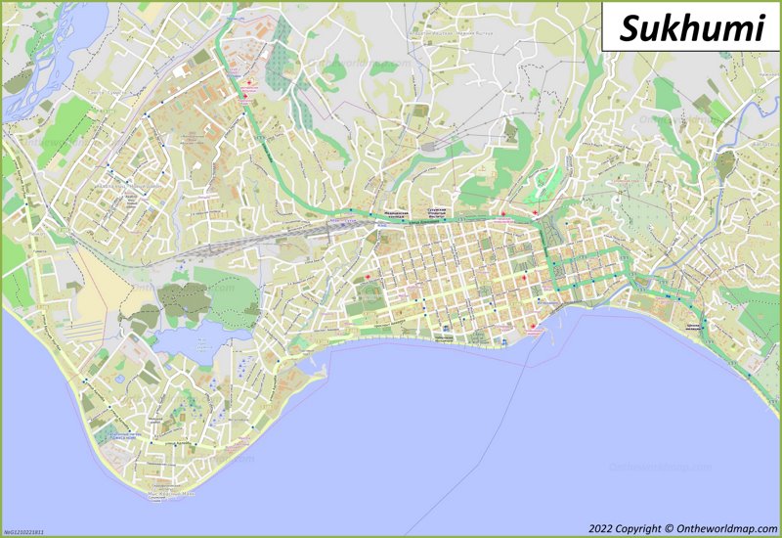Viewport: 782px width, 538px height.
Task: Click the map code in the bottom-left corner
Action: point(24,532)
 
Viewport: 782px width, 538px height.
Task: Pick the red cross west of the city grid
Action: point(369,280)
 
